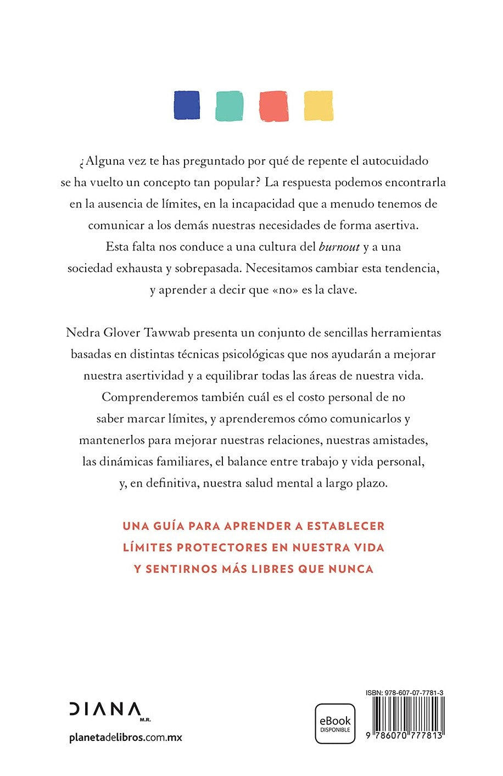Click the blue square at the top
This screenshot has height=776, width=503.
[x=187, y=105]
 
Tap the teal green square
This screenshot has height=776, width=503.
[x=230, y=105]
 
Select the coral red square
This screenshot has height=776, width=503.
[x=273, y=105]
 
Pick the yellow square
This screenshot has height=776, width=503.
[x=318, y=105]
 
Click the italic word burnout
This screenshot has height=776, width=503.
[x=339, y=247]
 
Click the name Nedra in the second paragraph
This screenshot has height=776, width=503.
[x=82, y=333]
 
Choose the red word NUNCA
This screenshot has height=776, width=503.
[x=350, y=568]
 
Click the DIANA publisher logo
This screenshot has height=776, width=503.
[x=104, y=709]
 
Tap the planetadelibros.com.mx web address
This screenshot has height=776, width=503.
[x=126, y=738]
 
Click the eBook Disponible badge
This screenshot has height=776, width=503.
[x=335, y=723]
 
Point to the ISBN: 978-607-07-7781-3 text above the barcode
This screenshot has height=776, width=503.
[x=405, y=693]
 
